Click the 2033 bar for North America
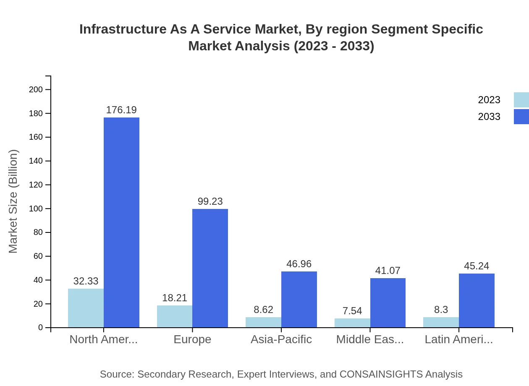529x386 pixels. click(121, 222)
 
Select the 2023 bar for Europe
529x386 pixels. click(175, 316)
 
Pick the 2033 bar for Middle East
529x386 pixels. click(388, 303)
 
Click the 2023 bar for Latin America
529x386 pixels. click(441, 322)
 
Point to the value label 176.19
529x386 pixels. click(121, 110)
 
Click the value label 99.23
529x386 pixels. click(210, 201)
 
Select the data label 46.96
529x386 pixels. click(299, 264)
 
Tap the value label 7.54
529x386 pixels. click(352, 311)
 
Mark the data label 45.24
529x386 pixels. click(477, 266)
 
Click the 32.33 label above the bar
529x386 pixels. click(86, 281)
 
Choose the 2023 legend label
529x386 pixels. click(489, 100)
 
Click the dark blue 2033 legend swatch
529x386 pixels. click(521, 117)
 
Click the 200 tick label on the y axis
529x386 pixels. click(36, 89)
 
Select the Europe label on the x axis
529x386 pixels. click(192, 339)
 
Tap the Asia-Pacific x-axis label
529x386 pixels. click(281, 339)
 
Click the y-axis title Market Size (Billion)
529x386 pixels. click(13, 201)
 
